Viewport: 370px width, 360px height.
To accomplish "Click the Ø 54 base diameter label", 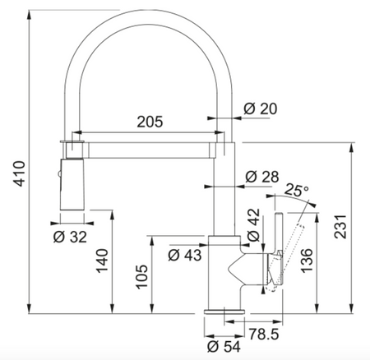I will (x=224, y=347).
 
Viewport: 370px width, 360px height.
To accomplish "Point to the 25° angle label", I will (x=295, y=191).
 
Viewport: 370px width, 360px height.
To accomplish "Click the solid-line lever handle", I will (x=278, y=247).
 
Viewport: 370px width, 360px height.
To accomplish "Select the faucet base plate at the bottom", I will (x=223, y=314).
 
